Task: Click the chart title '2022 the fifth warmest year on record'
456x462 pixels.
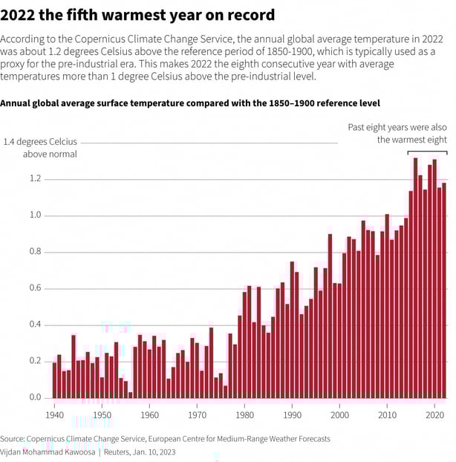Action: [137, 15]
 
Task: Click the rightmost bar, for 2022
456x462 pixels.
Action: [444, 290]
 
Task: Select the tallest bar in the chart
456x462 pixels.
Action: [416, 275]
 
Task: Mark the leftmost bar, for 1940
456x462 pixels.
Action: [55, 379]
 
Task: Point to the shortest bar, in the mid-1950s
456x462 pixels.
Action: [131, 395]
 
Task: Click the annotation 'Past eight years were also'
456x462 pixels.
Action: [397, 128]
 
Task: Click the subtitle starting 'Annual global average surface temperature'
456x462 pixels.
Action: [189, 103]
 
